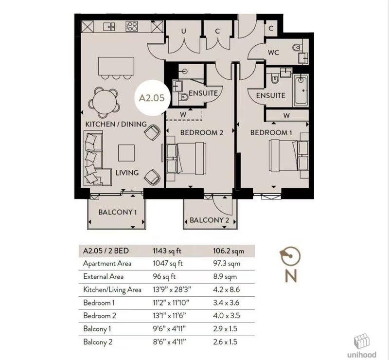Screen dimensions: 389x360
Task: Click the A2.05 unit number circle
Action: pyautogui.click(x=151, y=98)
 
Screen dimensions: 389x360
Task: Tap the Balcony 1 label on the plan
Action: pyautogui.click(x=117, y=212)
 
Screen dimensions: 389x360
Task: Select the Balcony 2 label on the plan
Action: pyautogui.click(x=209, y=220)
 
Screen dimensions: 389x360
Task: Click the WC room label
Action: pyautogui.click(x=273, y=53)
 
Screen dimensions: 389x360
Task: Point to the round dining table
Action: pyautogui.click(x=104, y=102)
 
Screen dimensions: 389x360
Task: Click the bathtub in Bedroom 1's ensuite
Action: pyautogui.click(x=301, y=90)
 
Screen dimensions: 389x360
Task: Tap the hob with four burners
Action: pyautogui.click(x=132, y=26)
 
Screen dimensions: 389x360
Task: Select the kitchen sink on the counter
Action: pyautogui.click(x=109, y=26)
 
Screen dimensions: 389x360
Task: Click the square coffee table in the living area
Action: pyautogui.click(x=126, y=153)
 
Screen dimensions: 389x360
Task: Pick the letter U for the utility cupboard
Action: pyautogui.click(x=184, y=31)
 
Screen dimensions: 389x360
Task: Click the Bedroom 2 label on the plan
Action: pyautogui.click(x=202, y=133)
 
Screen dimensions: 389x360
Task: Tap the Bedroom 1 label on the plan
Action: pyautogui.click(x=271, y=133)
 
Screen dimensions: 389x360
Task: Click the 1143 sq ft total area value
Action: pyautogui.click(x=167, y=251)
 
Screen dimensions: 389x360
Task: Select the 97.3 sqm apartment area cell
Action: pyautogui.click(x=227, y=263)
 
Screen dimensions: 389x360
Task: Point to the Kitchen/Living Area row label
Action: pyautogui.click(x=112, y=290)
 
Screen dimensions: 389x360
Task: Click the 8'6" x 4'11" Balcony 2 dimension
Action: pyautogui.click(x=169, y=342)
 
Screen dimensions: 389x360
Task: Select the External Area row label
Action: pyautogui.click(x=103, y=277)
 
